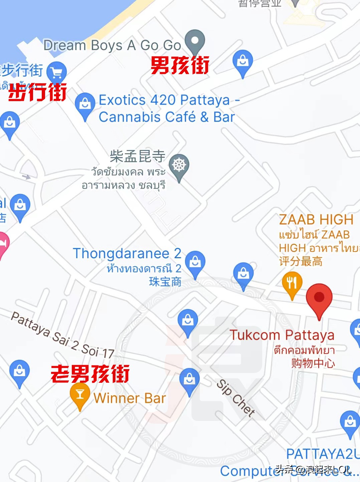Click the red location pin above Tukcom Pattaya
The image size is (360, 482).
click(x=319, y=297)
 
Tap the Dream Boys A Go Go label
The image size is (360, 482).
click(x=112, y=45)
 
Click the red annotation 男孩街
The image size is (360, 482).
click(x=180, y=65)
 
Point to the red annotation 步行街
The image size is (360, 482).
click(x=37, y=92)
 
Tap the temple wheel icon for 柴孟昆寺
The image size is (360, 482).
click(x=179, y=165)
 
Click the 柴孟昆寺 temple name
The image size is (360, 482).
click(x=138, y=156)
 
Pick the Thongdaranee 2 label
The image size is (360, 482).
click(x=127, y=254)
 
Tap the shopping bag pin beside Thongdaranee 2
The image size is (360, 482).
click(x=195, y=263)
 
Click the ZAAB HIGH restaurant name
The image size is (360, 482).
click(x=316, y=220)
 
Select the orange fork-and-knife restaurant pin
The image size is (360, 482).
click(x=292, y=283)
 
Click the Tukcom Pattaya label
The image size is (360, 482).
click(x=282, y=335)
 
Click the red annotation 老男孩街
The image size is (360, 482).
click(x=90, y=374)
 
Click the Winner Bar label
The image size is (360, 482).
click(x=130, y=398)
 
